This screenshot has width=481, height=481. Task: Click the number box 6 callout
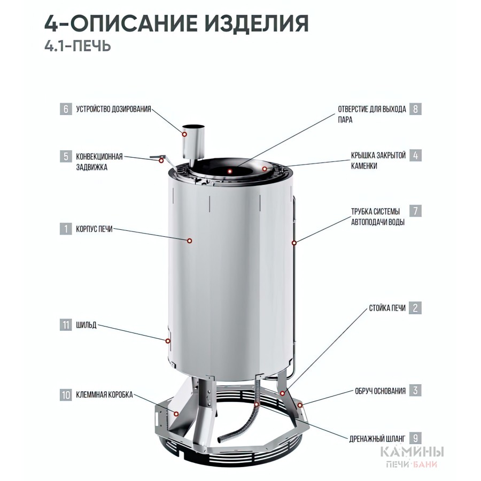(x=66, y=109)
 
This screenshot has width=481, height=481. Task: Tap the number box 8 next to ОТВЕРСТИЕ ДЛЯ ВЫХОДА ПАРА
(x=415, y=109)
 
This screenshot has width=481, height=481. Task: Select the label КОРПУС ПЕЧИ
(x=94, y=229)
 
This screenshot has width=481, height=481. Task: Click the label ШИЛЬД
(x=86, y=325)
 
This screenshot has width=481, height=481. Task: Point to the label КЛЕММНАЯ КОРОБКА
(x=104, y=394)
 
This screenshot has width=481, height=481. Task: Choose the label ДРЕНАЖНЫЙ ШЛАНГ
(x=377, y=439)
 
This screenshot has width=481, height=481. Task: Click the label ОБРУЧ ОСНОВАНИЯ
(x=380, y=391)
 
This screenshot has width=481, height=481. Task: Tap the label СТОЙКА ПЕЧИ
(x=387, y=308)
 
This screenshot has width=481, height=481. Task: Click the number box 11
(x=66, y=325)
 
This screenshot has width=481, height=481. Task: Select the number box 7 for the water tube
(x=415, y=211)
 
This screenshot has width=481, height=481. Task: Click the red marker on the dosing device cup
(x=185, y=134)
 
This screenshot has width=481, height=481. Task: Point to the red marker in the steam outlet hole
(x=230, y=171)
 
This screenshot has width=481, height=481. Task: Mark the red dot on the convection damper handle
(x=161, y=160)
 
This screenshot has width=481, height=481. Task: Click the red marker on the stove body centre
(x=190, y=241)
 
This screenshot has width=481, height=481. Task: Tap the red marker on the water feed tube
(x=294, y=243)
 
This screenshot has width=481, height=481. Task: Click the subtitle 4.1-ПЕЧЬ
(x=77, y=46)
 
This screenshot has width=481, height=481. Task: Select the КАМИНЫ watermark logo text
(x=412, y=452)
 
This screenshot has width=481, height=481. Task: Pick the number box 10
(x=66, y=394)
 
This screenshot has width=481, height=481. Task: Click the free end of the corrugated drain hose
(x=220, y=440)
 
